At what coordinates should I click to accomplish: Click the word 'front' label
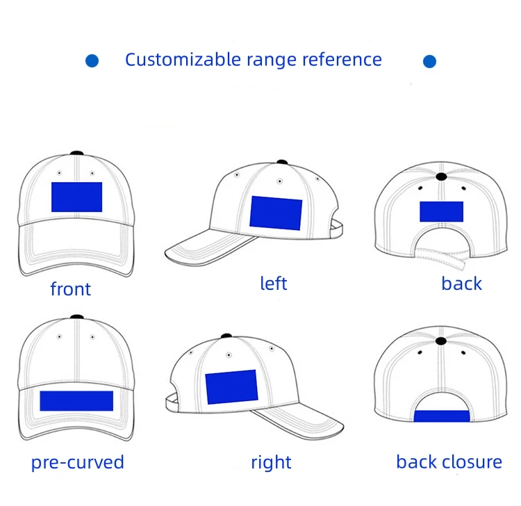[71, 289]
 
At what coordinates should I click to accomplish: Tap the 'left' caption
[273, 284]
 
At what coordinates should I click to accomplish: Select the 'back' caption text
[461, 284]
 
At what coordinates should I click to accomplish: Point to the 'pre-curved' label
[77, 463]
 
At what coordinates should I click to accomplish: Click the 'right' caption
[271, 463]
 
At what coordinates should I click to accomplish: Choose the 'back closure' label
[449, 462]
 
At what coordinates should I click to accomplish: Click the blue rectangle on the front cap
[76, 197]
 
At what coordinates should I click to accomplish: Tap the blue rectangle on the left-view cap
[276, 213]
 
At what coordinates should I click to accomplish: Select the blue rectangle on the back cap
[441, 212]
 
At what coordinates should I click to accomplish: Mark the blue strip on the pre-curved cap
[76, 400]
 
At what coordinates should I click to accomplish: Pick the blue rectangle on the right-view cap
[231, 387]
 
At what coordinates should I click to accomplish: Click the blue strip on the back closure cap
[441, 416]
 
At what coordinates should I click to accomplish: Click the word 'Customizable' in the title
[183, 60]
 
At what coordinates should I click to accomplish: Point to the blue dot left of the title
[92, 61]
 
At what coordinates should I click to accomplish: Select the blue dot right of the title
[429, 62]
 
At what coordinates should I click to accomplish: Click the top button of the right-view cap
[226, 337]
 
